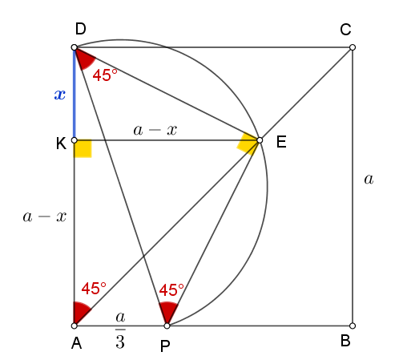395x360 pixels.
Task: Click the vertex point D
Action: [x=75, y=47]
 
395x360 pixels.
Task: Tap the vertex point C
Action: [x=353, y=47]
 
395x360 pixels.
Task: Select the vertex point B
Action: [x=353, y=326]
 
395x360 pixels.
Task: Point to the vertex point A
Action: [x=75, y=326]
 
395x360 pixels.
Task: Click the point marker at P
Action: [x=167, y=326]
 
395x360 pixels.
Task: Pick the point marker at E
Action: [x=260, y=140]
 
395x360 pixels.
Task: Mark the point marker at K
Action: [x=75, y=140]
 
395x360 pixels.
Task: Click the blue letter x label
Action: [x=60, y=95]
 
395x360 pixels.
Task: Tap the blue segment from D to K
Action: [x=75, y=94]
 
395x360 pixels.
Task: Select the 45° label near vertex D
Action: [x=105, y=75]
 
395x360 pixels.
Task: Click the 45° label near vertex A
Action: [x=94, y=289]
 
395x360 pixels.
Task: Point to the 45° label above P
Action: [x=171, y=290]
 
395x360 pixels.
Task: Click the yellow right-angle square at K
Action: [x=83, y=148]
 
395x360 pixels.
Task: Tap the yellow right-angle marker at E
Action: [x=248, y=144]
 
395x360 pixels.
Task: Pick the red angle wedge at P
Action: [x=168, y=310]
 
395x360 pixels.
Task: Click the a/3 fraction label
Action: [x=120, y=330]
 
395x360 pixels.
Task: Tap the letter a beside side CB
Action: [x=369, y=179]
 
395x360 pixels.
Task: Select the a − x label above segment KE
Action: [x=155, y=130]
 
